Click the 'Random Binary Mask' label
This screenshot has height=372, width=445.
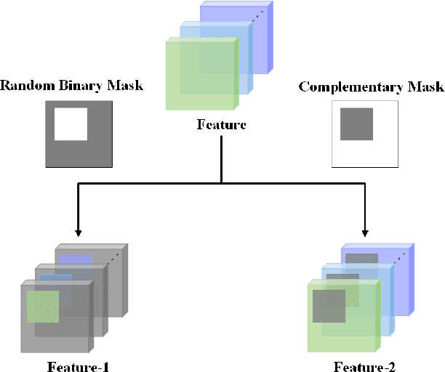coord(71,86)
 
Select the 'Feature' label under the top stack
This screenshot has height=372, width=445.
coord(222,124)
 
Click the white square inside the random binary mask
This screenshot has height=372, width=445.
coord(71,124)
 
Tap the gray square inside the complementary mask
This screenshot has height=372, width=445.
coord(356,124)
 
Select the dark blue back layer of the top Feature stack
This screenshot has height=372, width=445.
coord(262,29)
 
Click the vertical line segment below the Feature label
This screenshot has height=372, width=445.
coord(222,160)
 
